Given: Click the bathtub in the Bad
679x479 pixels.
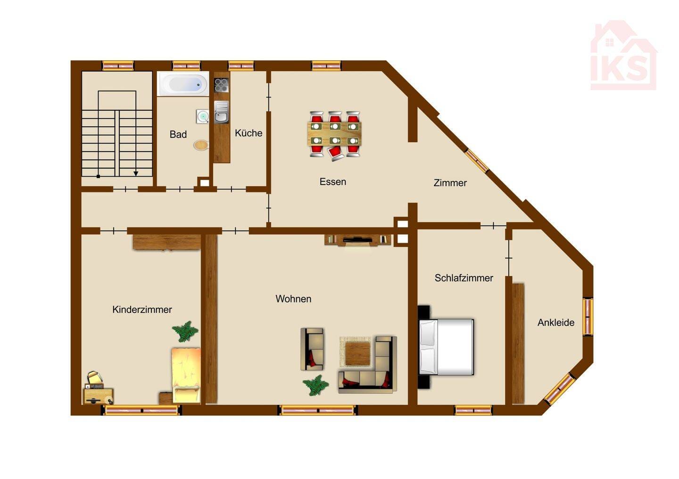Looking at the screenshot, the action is coord(183,84).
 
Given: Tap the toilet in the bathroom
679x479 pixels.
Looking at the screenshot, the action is coord(201,145).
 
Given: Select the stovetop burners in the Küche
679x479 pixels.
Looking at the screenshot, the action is coord(222,85).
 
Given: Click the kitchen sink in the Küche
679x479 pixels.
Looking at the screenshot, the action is coord(222,112).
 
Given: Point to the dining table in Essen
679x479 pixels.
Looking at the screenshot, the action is coord(335,134).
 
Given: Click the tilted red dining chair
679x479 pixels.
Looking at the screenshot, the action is coord(336,153).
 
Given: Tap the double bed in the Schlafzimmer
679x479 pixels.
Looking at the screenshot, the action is coord(446,347).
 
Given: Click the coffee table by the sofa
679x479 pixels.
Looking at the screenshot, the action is coord(358,353).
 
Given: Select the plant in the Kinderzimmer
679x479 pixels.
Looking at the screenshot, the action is coord(185,331).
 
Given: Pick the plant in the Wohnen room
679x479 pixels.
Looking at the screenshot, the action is coord(315,385).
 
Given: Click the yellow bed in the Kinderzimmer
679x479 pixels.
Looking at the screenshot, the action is coord(186,375).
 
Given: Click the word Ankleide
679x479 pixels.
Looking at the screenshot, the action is coord(556,323).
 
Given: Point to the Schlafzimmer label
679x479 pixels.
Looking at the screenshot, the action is coord(464,278).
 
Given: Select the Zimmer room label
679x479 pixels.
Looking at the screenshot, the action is coord(450,183).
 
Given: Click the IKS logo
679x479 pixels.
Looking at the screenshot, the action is coord(624,55).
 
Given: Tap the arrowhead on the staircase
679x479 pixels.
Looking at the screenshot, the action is coord(136,173).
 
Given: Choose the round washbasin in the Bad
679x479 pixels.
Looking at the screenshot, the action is coord(202,116).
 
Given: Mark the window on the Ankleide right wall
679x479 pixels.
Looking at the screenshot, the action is coord(588,317).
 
